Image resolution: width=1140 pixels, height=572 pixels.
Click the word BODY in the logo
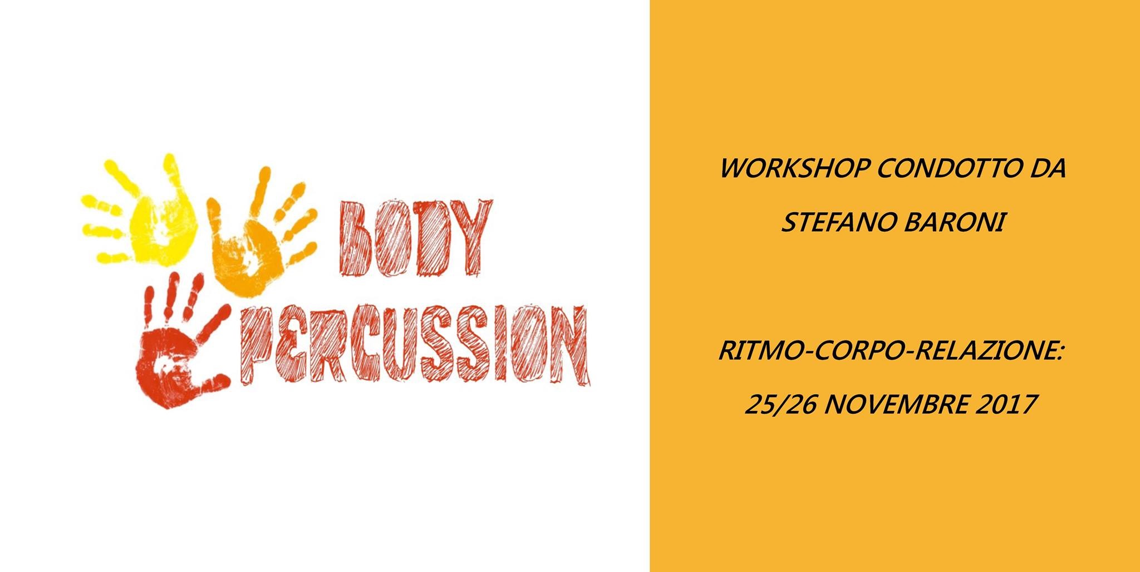(x=414, y=237)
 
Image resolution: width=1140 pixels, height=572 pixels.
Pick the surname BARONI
(x=954, y=223)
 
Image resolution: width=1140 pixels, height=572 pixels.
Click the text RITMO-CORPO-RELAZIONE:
(x=891, y=351)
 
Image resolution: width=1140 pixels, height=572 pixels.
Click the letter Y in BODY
(x=471, y=237)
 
